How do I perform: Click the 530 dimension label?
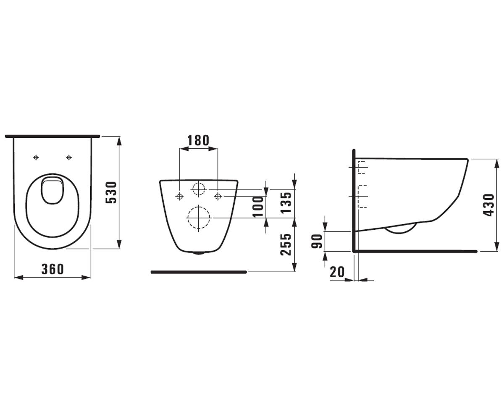point(111,192)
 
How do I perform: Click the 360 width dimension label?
point(52,269)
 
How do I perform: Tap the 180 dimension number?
point(198,140)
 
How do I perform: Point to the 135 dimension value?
point(286,202)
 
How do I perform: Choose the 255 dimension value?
point(286,244)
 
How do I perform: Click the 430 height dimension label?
point(489,205)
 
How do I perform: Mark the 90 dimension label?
point(317,241)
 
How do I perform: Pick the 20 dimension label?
point(337,272)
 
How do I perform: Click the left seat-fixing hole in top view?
point(36,157)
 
